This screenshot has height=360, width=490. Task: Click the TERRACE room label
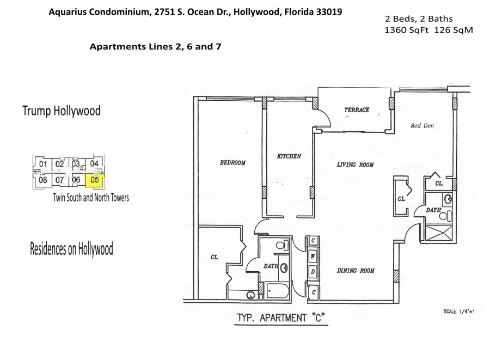357,109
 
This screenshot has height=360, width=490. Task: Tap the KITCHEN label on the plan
289,156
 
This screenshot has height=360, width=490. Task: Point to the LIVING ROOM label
356,164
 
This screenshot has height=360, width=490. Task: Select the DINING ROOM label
356,271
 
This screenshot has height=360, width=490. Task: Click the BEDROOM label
233,162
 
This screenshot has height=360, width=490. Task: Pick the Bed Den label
422,126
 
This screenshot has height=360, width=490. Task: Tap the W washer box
313,257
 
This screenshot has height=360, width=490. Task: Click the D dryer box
313,272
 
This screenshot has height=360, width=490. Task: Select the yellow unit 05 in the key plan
94,180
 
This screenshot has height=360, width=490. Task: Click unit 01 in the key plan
43,164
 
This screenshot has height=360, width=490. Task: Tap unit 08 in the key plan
43,180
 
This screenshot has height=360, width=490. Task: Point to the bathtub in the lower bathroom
277,291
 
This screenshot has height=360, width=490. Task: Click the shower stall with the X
439,232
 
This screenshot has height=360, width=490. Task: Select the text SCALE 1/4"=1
459,311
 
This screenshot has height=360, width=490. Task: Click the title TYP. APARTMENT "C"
281,318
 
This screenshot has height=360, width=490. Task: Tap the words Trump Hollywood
62,111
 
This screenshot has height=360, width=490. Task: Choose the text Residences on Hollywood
71,249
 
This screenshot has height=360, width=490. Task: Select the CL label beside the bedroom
215,257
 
